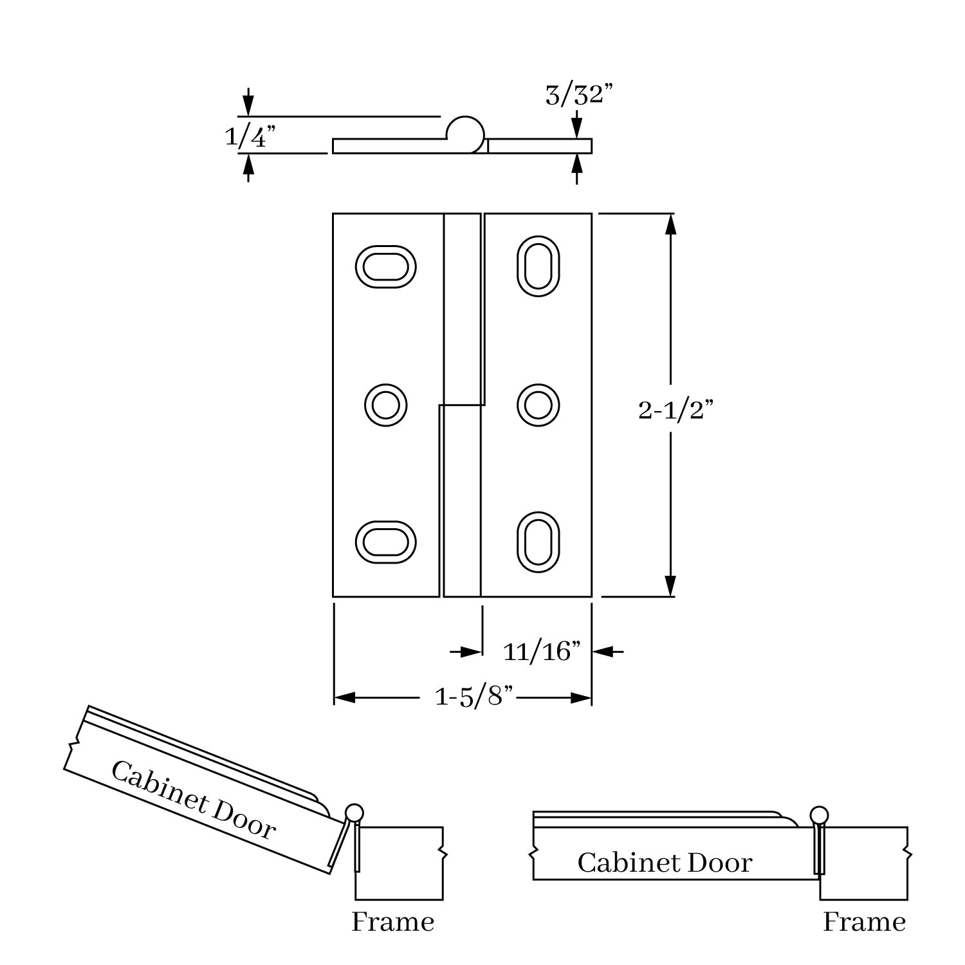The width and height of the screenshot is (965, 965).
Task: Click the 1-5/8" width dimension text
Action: [474, 697]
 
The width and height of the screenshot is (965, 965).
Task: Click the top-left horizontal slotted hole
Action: [385, 266]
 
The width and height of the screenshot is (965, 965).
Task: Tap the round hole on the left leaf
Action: [385, 405]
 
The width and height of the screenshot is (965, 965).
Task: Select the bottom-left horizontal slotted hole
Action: [385, 542]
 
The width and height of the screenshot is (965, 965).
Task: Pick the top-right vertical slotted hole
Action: [538, 266]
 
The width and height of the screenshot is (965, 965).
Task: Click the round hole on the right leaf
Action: [538, 405]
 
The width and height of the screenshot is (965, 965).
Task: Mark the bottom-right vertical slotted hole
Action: [538, 542]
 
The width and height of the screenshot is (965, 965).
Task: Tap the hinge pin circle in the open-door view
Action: [354, 812]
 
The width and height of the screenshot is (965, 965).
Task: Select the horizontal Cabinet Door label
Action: [665, 863]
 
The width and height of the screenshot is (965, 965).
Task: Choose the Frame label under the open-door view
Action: [392, 922]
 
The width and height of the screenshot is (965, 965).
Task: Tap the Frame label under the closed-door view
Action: [864, 922]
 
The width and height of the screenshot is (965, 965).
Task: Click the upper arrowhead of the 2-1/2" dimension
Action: [670, 223]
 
